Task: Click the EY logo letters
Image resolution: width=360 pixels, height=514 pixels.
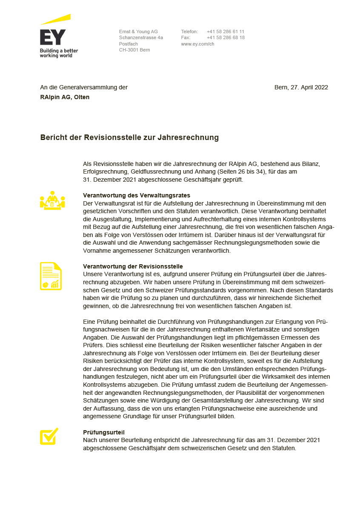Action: point(53,37)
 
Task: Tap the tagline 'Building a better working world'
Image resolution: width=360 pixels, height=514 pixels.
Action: point(59,53)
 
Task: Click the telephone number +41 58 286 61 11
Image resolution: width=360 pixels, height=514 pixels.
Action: point(226,31)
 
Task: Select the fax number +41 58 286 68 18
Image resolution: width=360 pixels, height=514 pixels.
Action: point(226,37)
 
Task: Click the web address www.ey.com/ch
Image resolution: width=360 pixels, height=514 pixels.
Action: point(197,44)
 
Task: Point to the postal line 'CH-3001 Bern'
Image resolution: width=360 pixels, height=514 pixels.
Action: point(134,50)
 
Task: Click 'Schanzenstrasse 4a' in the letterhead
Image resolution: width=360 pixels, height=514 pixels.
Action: point(141,37)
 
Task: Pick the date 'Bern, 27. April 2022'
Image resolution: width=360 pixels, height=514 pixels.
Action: point(301,87)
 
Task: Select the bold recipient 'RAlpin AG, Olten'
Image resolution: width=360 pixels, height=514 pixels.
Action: point(65,97)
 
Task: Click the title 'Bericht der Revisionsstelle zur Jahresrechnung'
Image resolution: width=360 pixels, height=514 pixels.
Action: point(129,137)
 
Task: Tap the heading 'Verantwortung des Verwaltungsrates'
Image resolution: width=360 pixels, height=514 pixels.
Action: point(137,195)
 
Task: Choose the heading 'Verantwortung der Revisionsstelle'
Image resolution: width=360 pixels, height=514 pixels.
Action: point(133,266)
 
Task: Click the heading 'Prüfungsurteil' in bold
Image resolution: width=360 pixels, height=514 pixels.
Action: point(104,432)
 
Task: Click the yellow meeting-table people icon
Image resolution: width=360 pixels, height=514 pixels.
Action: point(52,200)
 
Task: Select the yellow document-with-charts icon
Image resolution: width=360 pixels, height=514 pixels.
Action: point(51,276)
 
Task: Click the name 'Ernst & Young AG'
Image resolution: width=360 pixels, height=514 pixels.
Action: point(138,31)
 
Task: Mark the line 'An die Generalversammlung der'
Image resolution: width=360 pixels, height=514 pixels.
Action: point(84,87)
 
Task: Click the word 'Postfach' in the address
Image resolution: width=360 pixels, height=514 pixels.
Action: point(129,44)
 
